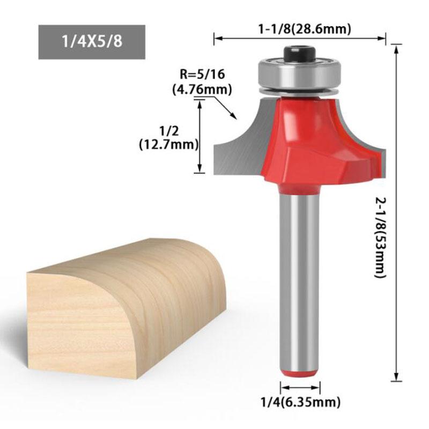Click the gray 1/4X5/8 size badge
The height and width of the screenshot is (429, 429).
pos(92,41)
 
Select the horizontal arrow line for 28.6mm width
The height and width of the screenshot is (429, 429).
pos(300,38)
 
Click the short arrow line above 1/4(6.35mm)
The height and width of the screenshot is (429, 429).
pos(300,387)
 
